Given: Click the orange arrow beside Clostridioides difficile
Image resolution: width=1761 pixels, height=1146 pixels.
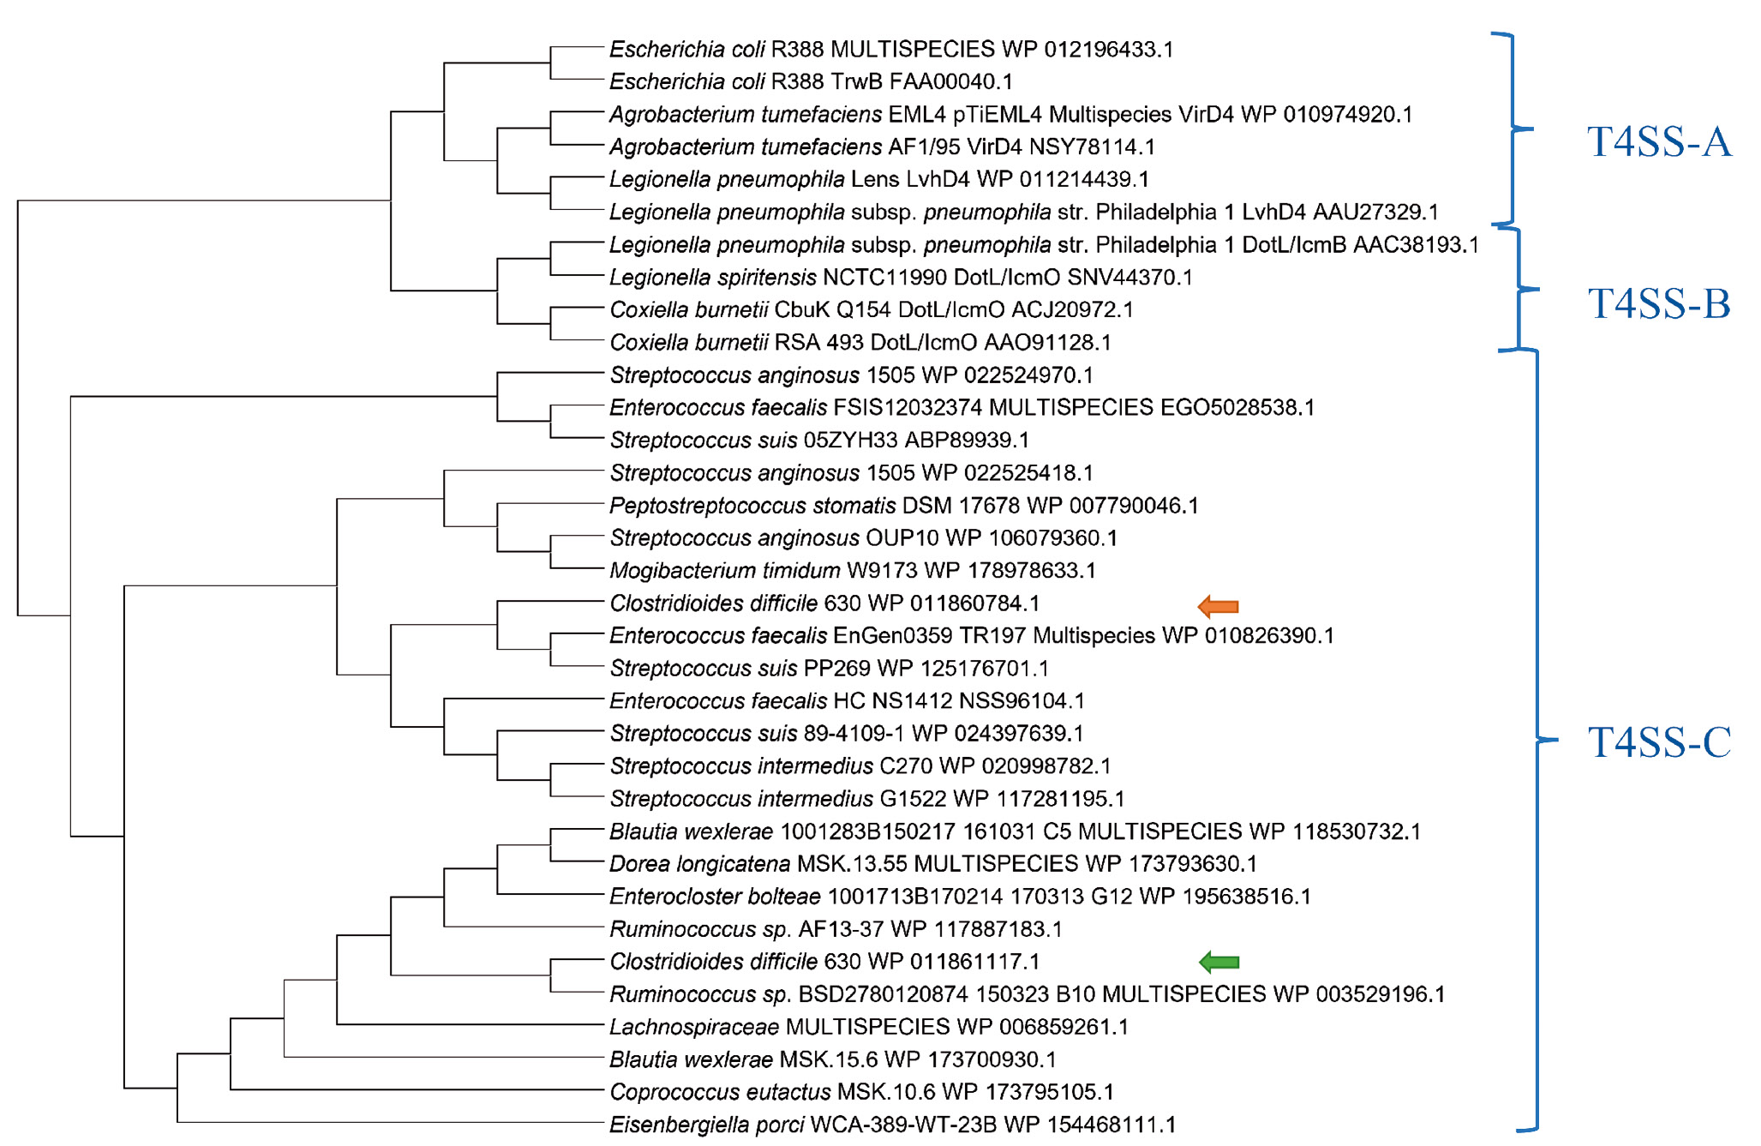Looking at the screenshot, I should (x=1218, y=607).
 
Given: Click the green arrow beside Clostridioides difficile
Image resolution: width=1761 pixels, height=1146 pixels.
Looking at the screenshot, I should (x=1219, y=963).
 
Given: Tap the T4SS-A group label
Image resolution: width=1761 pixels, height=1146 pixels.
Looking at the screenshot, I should (x=1658, y=142).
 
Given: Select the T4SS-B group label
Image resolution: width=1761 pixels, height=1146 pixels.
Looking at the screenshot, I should (x=1658, y=304).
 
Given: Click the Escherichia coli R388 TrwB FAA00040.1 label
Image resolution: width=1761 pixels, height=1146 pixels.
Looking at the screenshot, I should (x=811, y=82).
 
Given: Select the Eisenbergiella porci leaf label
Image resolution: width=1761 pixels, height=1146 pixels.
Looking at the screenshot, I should (x=892, y=1125).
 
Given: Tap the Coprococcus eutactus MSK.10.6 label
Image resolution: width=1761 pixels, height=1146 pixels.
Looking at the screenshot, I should (x=861, y=1092).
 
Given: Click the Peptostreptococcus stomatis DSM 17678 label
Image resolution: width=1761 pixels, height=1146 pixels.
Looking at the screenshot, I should (x=903, y=506).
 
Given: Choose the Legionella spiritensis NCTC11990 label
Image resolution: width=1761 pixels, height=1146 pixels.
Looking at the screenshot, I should (x=901, y=278).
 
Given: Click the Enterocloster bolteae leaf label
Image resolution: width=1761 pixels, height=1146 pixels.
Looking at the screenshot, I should (x=960, y=897).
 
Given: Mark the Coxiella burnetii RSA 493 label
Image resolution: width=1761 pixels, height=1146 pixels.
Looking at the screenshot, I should (x=860, y=343).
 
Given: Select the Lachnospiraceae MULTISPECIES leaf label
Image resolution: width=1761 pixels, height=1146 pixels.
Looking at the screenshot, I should (x=869, y=1027).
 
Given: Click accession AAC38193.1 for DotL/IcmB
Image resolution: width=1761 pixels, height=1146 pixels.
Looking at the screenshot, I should (x=1416, y=245).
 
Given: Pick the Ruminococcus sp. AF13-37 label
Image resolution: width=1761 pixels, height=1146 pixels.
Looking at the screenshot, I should (x=836, y=929).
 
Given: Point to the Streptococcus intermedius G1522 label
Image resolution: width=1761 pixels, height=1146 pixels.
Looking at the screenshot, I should (x=867, y=799).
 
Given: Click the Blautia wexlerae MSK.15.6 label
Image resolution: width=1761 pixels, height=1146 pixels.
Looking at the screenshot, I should (x=832, y=1059).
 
